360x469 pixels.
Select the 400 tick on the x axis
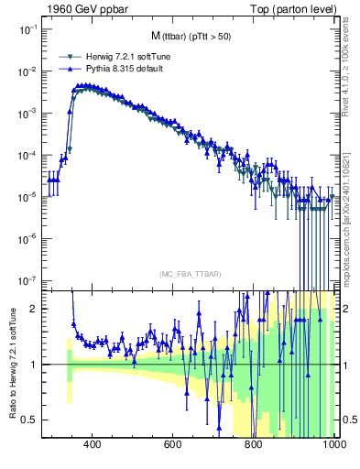[x=93, y=445]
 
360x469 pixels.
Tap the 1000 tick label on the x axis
[x=333, y=445]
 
